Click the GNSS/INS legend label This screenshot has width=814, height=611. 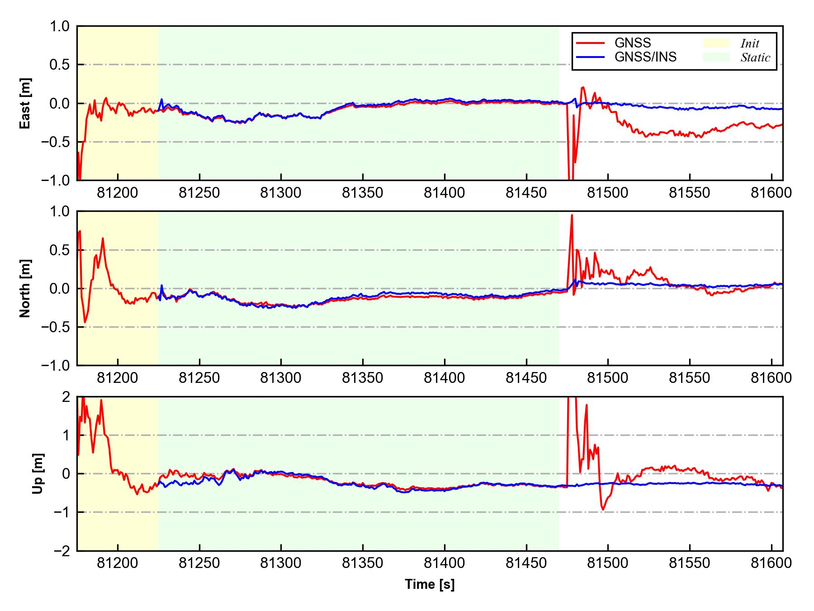point(645,57)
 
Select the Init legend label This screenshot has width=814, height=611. point(750,43)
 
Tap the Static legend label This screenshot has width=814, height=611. point(755,57)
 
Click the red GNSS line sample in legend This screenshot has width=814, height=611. point(590,43)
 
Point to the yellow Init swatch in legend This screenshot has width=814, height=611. point(716,43)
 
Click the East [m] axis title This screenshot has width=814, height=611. point(26,103)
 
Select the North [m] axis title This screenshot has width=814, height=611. point(26,288)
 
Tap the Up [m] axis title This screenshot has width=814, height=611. point(38,473)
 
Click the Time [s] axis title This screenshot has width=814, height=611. point(430,584)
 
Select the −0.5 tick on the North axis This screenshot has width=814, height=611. point(56,327)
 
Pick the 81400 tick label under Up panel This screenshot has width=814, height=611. point(444,563)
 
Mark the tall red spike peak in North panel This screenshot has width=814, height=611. point(572,215)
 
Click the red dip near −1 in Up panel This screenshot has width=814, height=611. point(603,510)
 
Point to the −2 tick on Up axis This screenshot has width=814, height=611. point(62,551)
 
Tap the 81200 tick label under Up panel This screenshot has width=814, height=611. point(118,563)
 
